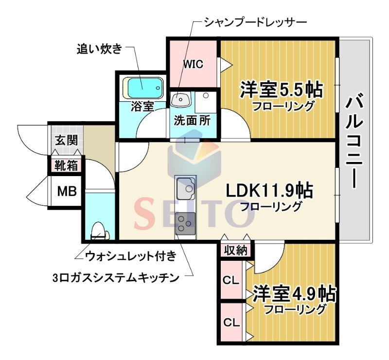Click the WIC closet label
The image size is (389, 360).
pyautogui.click(x=193, y=64)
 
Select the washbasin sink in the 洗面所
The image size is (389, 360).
pyautogui.click(x=180, y=100)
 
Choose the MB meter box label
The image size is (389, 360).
pyautogui.click(x=67, y=191)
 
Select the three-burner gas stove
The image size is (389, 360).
pyautogui.click(x=185, y=223)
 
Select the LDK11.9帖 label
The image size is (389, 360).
pyautogui.click(x=269, y=190)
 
